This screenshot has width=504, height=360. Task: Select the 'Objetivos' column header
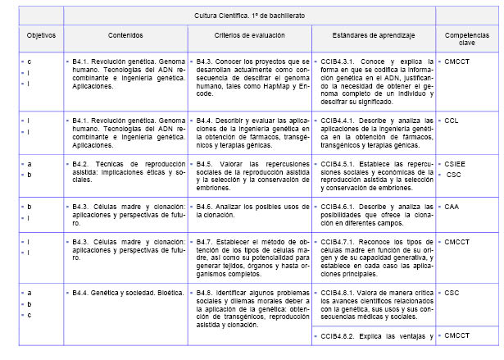tap(39, 36)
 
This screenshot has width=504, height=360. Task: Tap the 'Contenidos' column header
tap(125, 36)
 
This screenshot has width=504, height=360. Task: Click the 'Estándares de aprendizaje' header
tap(374, 36)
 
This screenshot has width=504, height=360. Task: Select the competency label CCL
tap(452, 121)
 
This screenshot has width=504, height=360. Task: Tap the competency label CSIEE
tap(455, 164)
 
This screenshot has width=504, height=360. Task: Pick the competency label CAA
tap(452, 207)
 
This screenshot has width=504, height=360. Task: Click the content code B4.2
tap(80, 164)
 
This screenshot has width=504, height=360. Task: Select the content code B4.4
tap(80, 292)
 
